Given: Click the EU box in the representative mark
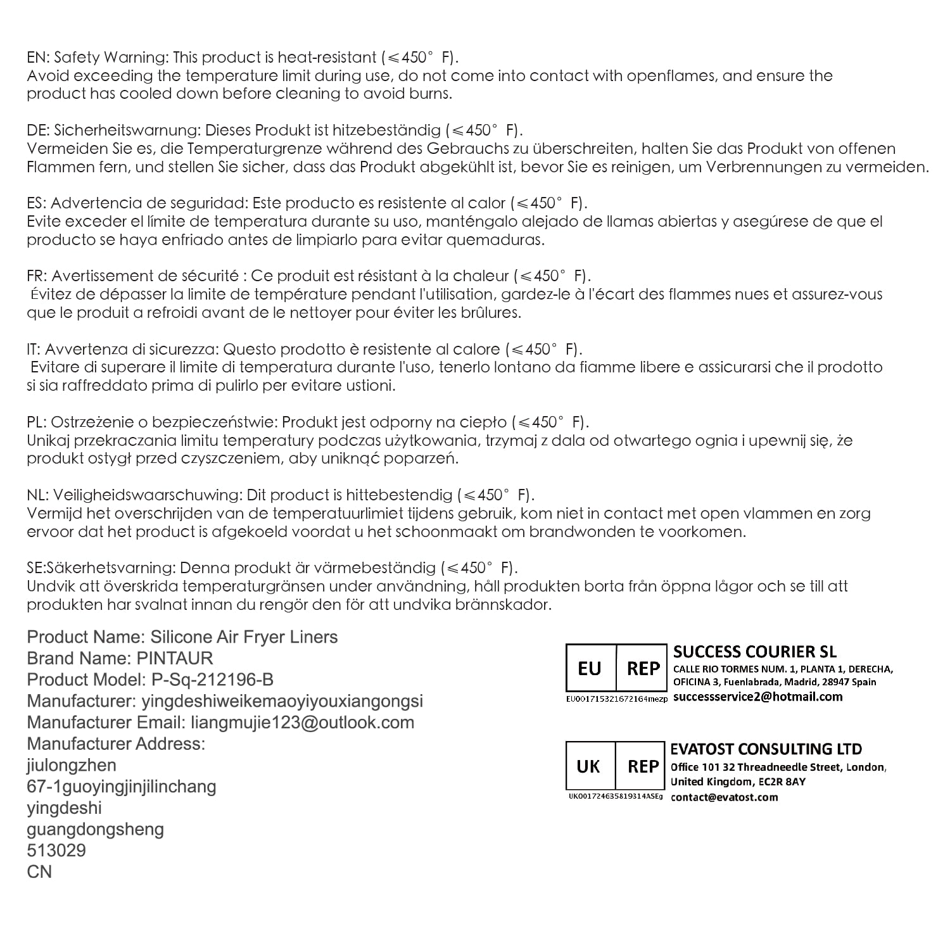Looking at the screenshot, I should click(x=590, y=668).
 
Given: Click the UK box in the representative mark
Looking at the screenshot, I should click(x=588, y=766).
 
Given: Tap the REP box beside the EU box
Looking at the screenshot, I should click(x=642, y=668).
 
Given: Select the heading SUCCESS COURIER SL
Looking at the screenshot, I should click(x=754, y=652).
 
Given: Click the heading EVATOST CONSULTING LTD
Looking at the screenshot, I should click(x=766, y=749).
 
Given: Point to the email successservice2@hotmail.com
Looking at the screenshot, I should click(x=757, y=697).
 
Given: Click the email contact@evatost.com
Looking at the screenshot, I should click(x=724, y=797).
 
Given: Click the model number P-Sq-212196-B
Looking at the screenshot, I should click(x=213, y=680).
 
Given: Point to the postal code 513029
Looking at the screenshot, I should click(x=56, y=851).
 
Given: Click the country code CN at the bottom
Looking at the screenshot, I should click(x=39, y=872).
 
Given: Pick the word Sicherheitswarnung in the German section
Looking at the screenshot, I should click(x=127, y=130).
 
